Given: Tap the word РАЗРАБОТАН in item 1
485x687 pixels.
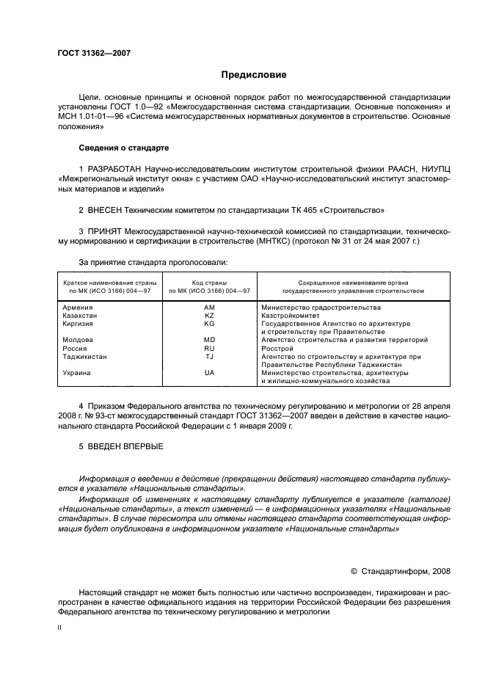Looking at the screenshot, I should [x=115, y=169].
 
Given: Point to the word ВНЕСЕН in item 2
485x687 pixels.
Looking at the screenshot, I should [x=107, y=210].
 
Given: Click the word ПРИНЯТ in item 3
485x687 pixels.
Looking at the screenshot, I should [x=107, y=231].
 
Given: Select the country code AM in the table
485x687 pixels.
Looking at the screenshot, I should [x=209, y=307].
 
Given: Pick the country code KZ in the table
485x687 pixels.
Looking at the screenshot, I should [x=209, y=315].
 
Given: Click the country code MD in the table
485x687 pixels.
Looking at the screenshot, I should [x=209, y=340].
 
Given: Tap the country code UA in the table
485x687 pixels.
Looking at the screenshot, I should [x=209, y=373].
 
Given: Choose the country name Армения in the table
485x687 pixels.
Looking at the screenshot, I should [x=78, y=307].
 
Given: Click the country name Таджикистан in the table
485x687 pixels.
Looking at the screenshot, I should [x=85, y=356].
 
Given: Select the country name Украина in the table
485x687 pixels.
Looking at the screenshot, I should [x=77, y=373].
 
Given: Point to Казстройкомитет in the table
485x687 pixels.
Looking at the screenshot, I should [x=291, y=315].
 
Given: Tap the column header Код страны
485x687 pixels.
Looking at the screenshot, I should [x=209, y=282].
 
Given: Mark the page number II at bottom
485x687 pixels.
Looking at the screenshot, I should [x=60, y=628].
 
